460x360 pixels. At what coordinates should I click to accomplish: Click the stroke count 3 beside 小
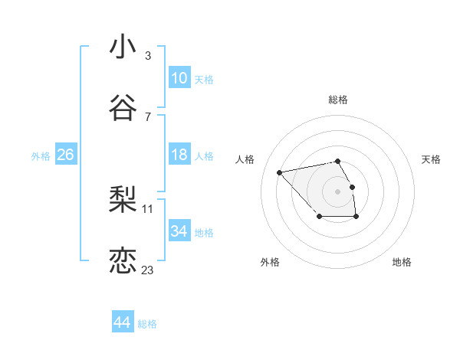tap(148, 56)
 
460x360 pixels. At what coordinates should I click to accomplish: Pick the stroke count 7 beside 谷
tap(148, 117)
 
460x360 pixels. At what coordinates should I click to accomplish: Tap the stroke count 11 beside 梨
tap(148, 208)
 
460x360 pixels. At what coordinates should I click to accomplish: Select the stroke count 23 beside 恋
tap(148, 270)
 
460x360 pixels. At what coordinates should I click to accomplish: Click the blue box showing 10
tap(179, 78)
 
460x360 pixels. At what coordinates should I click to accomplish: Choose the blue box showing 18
tap(179, 155)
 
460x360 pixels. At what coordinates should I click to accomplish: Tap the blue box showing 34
tap(179, 231)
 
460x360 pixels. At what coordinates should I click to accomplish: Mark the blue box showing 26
tap(65, 155)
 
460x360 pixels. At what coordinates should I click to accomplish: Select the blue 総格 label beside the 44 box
tap(147, 324)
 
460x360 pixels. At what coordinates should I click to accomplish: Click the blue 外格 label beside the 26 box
tap(41, 156)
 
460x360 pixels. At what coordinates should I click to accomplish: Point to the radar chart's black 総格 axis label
tap(338, 100)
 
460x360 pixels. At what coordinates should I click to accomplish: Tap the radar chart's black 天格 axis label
tap(431, 159)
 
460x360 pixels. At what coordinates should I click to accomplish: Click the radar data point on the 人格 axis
tap(280, 172)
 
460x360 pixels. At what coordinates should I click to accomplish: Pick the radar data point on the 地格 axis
tap(356, 217)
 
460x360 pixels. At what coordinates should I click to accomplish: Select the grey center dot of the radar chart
tap(337, 191)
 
